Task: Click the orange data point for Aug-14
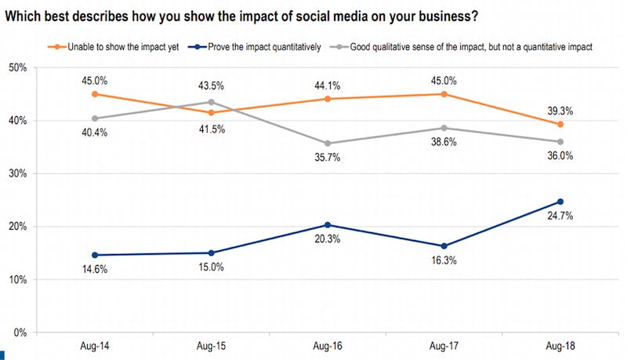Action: click(94, 94)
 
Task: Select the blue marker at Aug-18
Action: click(559, 202)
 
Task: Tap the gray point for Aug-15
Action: click(210, 102)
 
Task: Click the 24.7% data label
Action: click(559, 216)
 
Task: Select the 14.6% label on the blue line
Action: click(94, 271)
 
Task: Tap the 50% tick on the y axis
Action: click(17, 67)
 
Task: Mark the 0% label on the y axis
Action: click(20, 333)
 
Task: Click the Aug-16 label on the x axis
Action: click(326, 346)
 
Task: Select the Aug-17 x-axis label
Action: click(444, 346)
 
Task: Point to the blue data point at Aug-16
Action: click(327, 225)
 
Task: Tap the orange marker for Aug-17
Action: click(444, 94)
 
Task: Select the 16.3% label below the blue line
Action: click(444, 261)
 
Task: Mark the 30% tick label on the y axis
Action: click(17, 173)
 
